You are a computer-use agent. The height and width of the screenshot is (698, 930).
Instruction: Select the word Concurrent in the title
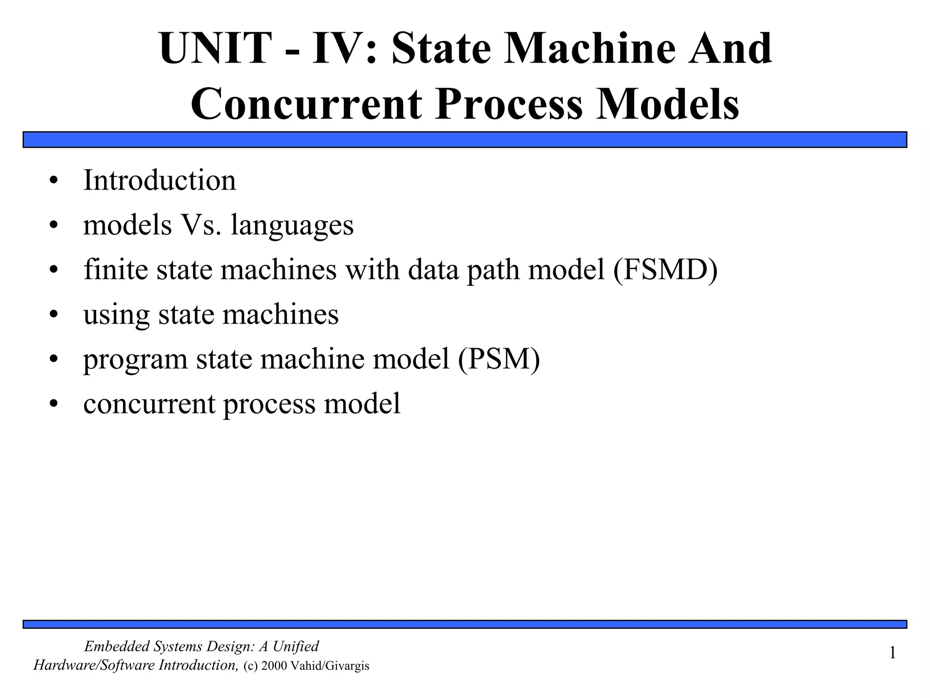coord(307,105)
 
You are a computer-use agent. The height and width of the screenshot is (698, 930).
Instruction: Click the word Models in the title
coord(668,105)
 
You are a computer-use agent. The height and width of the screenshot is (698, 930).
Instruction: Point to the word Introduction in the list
coord(159,180)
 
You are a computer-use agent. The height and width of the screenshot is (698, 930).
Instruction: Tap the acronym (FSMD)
coord(665,269)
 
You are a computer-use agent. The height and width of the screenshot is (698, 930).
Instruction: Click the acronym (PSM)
coord(499,359)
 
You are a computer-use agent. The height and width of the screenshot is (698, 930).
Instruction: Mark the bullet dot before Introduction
coord(54,181)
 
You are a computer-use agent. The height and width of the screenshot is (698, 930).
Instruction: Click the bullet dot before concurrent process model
coord(54,404)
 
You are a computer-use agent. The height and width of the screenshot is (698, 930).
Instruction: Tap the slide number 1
coord(892,653)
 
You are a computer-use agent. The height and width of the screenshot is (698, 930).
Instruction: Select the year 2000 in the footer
coord(274,666)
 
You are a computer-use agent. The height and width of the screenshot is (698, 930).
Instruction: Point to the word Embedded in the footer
coord(115,646)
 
